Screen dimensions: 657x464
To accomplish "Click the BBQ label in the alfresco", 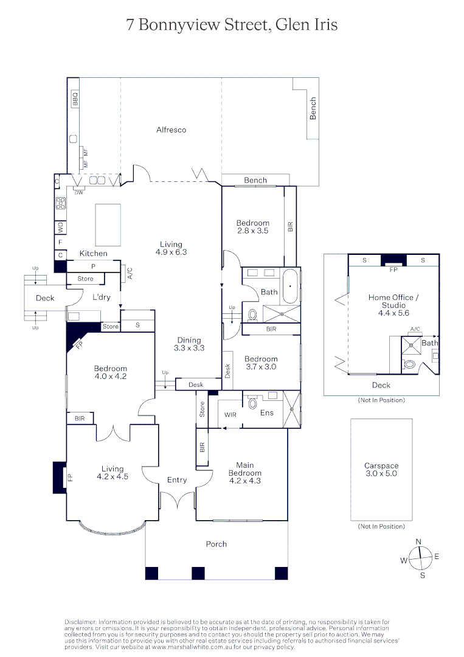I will coord(75,99).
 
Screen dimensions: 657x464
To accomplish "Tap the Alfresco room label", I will coord(171,130).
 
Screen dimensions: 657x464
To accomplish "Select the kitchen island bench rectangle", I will coord(108,224).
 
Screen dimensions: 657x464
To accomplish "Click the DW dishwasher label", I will coord(78,193).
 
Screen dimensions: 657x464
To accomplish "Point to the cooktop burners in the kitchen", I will coord(60,204).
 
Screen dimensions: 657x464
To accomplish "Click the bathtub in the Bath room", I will coord(291,285).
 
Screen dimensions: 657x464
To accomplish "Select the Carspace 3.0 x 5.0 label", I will coord(381,470).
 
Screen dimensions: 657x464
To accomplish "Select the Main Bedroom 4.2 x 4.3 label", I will coord(244,473).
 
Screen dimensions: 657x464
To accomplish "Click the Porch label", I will coord(216,544).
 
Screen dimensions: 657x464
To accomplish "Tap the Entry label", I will coord(177,480).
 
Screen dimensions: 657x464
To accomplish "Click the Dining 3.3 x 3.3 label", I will coord(189,344).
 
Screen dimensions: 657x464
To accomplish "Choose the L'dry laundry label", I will coord(101,297).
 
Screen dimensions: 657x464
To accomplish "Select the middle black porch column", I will coord(198,573).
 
